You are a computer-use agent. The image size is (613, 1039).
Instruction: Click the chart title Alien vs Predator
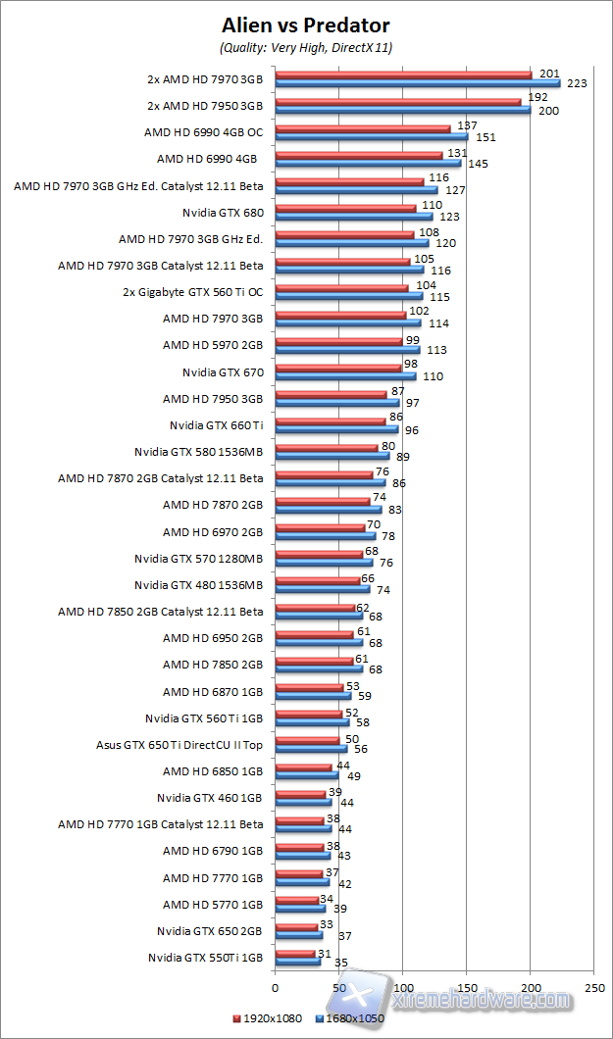306,25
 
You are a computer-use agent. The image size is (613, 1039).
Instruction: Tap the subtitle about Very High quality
306,47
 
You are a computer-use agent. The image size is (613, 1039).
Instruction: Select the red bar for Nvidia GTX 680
345,208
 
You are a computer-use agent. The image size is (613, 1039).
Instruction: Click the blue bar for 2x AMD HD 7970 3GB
418,83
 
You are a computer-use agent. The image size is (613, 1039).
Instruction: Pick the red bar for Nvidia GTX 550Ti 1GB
295,954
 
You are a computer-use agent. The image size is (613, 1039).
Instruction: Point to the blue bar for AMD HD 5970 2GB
347,350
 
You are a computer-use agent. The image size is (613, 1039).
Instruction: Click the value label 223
577,84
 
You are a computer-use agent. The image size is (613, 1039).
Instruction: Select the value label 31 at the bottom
324,953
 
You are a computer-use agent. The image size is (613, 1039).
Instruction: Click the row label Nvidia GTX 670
223,372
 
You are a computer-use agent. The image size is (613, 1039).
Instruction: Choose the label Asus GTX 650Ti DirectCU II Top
179,745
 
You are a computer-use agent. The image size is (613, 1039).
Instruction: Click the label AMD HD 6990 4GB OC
203,131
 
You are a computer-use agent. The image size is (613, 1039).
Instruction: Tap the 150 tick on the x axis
467,987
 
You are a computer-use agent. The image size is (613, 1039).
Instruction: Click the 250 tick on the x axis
594,987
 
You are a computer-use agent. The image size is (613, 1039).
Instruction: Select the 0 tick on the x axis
276,987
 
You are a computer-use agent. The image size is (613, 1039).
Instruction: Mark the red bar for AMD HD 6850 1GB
304,767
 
